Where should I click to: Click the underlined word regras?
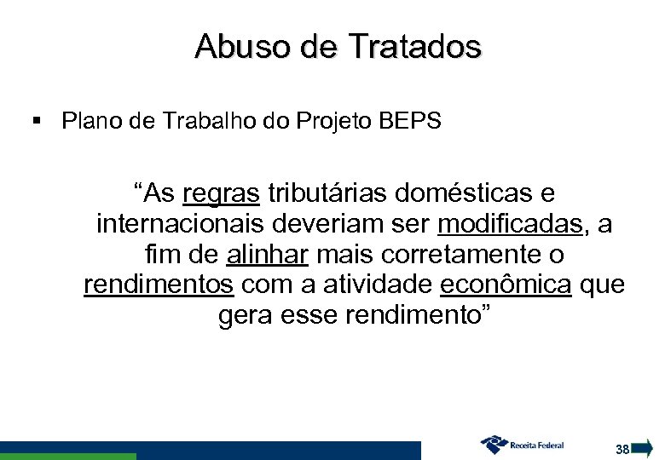pyautogui.click(x=222, y=194)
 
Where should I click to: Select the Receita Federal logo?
pyautogui.click(x=523, y=445)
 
